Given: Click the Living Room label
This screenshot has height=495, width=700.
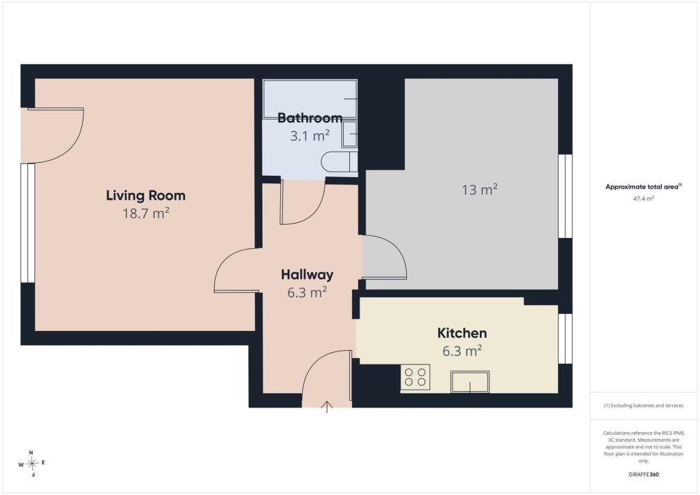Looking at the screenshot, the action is click(x=146, y=196).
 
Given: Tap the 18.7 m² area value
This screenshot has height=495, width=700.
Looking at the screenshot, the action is click(x=146, y=213).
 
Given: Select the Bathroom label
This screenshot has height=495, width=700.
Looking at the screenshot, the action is click(x=310, y=118).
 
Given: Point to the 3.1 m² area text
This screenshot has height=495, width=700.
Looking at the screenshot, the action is click(x=310, y=135).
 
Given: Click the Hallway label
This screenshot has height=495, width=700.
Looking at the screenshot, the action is click(x=307, y=274).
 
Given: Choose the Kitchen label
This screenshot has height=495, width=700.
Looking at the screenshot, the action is click(x=462, y=333).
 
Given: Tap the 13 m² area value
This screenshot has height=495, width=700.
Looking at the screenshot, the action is click(x=480, y=189).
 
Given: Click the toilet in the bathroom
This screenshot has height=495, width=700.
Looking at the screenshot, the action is click(x=339, y=161).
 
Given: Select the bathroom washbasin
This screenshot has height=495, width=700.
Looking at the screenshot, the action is click(x=349, y=134).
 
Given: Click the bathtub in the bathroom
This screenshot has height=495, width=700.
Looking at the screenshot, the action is click(x=310, y=99).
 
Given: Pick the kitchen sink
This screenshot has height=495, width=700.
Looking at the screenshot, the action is click(x=470, y=382).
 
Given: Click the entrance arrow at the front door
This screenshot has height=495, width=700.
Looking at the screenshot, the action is click(x=327, y=407).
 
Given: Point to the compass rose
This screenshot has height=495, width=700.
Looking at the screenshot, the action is click(x=31, y=464).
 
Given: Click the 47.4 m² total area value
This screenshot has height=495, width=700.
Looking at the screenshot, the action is click(x=643, y=199).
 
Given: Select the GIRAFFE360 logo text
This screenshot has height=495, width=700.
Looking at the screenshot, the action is click(x=643, y=474).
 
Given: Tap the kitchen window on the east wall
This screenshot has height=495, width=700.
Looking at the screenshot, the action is click(x=565, y=339).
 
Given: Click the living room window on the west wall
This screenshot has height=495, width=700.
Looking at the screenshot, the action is click(x=27, y=223).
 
